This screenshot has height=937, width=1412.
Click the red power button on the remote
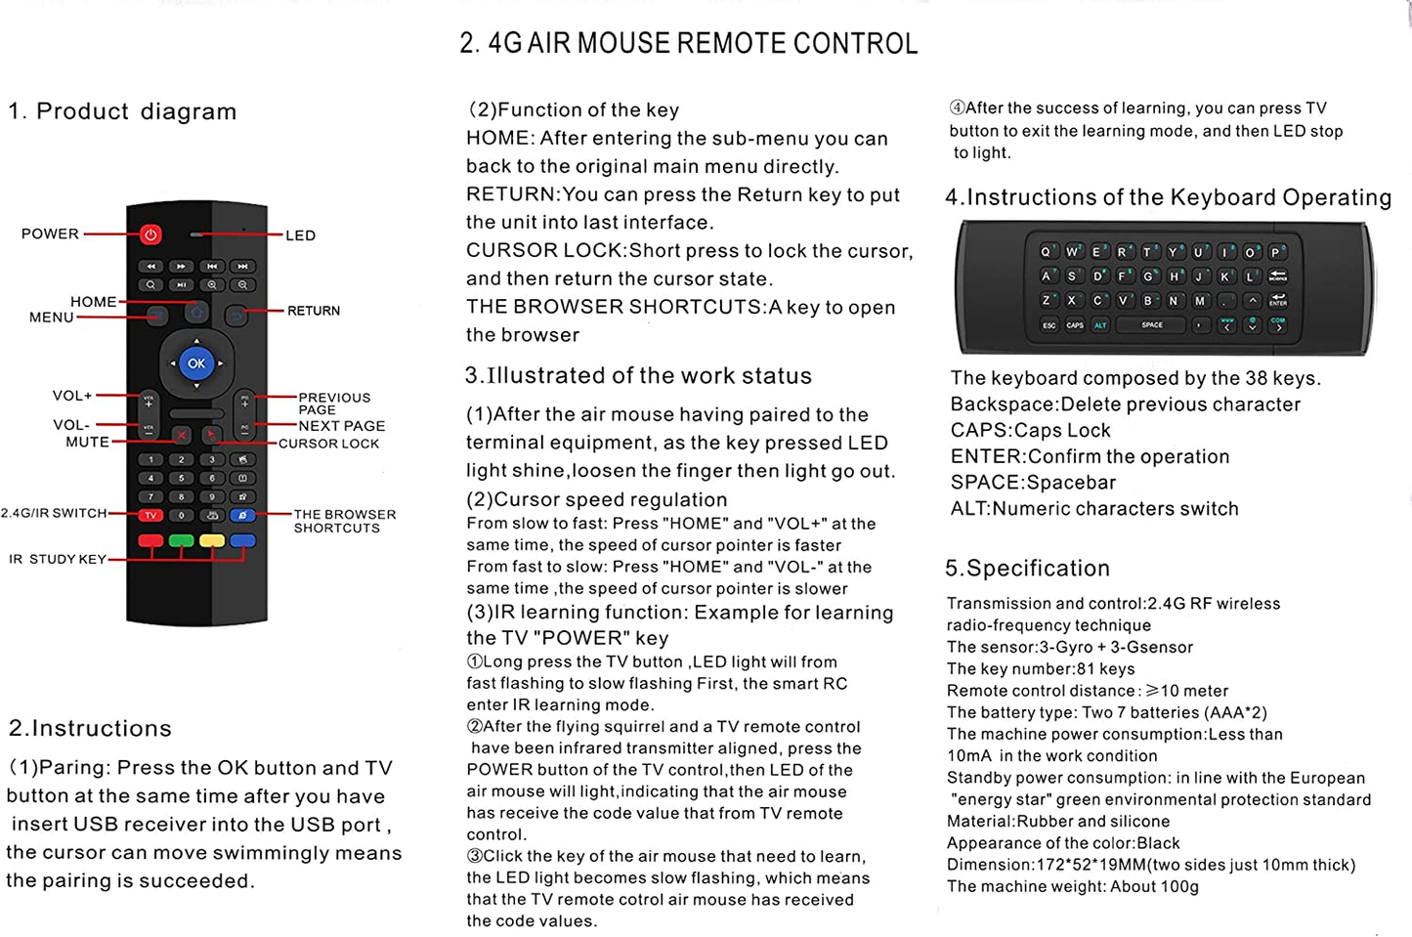click(x=150, y=234)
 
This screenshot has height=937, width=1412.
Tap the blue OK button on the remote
click(x=196, y=363)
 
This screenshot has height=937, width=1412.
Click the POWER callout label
click(x=50, y=234)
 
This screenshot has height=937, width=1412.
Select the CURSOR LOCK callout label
click(x=328, y=444)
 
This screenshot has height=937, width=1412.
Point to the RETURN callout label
click(x=314, y=311)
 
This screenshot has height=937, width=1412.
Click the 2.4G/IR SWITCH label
click(x=54, y=513)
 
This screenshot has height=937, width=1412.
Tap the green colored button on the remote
click(x=182, y=540)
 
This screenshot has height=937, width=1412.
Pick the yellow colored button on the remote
click(x=212, y=540)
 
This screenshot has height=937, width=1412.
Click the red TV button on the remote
click(x=150, y=515)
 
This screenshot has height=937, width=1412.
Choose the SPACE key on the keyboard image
click(x=1152, y=324)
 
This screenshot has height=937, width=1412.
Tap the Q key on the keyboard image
click(x=1046, y=252)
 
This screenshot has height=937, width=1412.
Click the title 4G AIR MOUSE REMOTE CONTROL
click(x=689, y=44)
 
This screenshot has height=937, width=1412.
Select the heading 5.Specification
click(x=1027, y=569)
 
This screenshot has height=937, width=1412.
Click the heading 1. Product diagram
click(x=122, y=111)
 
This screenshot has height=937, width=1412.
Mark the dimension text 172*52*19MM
click(x=1075, y=865)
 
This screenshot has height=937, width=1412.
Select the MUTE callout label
click(x=87, y=442)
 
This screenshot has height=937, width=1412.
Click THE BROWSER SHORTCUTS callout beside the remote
click(x=344, y=521)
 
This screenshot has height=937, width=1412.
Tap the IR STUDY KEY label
click(x=58, y=559)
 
